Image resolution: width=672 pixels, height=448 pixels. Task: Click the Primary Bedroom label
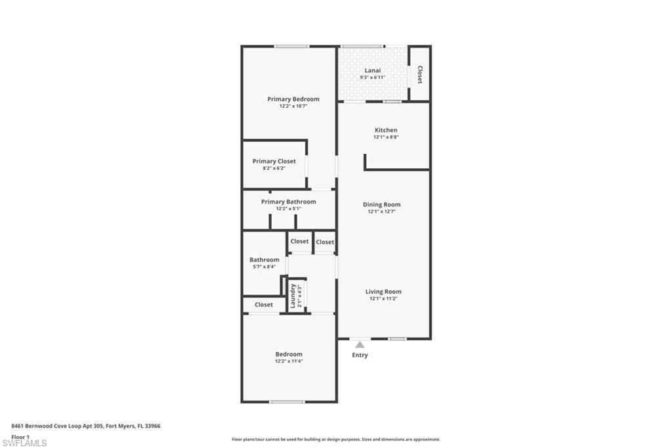(293, 99)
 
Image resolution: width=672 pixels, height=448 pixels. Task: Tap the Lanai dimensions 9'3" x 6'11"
(372, 78)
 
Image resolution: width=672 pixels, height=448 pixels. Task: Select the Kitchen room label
(386, 130)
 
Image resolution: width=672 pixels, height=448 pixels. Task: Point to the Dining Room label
(381, 204)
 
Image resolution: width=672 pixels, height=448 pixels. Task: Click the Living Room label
(383, 292)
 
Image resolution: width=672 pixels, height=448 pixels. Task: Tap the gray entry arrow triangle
(360, 344)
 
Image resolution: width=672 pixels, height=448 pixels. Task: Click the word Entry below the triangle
(360, 355)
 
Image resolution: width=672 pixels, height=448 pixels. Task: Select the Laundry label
(293, 296)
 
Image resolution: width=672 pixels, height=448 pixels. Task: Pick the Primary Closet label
(274, 161)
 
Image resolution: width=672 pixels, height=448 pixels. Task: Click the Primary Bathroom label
(288, 202)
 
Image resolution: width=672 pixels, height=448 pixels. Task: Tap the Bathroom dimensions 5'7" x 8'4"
(264, 267)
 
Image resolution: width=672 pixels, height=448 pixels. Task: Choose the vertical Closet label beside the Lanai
(420, 74)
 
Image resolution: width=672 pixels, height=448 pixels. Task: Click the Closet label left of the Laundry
(264, 305)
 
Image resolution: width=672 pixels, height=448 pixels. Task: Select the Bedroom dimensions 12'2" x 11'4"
(289, 361)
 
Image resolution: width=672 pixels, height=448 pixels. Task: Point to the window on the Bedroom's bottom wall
(287, 401)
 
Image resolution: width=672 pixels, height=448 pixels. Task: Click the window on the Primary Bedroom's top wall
(291, 46)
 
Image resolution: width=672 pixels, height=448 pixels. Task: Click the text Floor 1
(20, 436)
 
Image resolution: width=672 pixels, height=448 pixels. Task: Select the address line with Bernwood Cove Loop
(85, 426)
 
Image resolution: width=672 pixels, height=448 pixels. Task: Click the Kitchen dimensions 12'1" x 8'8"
(386, 137)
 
